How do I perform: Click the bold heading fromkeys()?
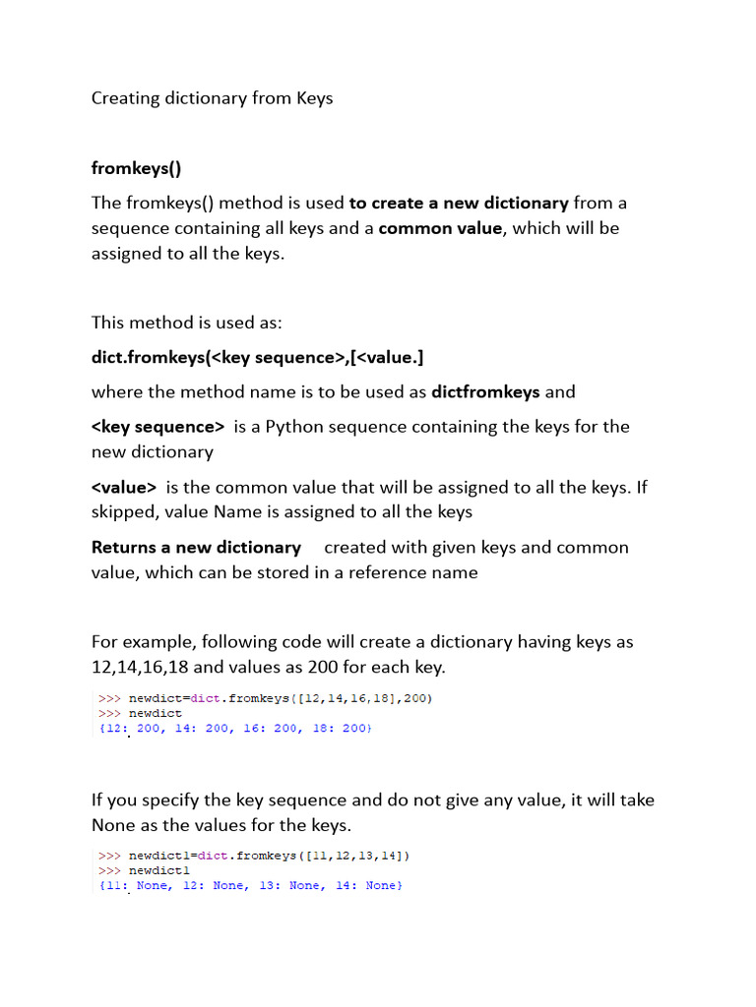tap(137, 167)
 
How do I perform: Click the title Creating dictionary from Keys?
tap(213, 98)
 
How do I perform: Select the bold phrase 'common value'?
tap(440, 228)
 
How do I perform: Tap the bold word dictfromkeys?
tap(486, 391)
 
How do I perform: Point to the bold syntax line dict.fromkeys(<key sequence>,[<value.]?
tap(258, 357)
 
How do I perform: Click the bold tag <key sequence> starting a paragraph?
tap(158, 426)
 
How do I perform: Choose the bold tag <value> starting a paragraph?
tap(124, 487)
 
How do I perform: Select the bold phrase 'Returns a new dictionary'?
tap(196, 547)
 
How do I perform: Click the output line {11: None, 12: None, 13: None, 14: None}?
tap(251, 886)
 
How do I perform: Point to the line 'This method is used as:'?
tap(187, 323)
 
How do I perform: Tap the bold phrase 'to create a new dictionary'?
tap(459, 203)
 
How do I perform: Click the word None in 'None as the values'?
tap(115, 824)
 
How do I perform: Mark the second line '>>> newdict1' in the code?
tap(144, 871)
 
